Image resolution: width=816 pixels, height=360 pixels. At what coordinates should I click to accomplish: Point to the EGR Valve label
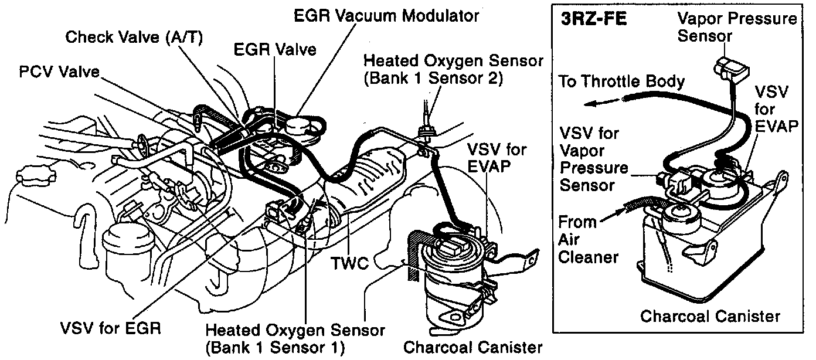(275, 49)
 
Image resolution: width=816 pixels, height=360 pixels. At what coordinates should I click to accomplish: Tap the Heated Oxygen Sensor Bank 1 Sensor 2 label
(453, 69)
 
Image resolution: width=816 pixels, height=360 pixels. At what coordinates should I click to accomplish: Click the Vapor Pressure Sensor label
(737, 27)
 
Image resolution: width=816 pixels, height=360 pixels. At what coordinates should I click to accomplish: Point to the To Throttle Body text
(621, 81)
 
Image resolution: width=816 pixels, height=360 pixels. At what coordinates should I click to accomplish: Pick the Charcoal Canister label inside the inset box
(710, 317)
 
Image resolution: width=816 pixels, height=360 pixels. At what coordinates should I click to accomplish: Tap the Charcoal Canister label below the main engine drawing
(472, 346)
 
